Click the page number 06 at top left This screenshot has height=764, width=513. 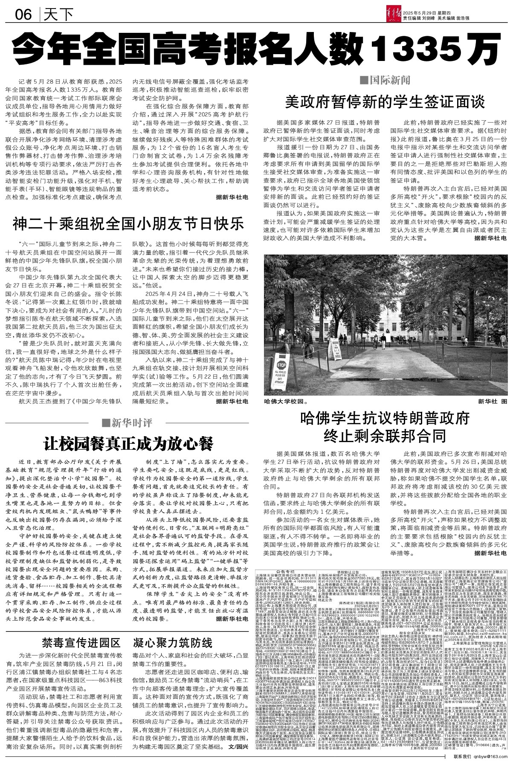tap(23, 15)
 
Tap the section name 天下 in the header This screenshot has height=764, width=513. tap(59, 15)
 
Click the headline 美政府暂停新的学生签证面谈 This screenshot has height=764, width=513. tap(386, 102)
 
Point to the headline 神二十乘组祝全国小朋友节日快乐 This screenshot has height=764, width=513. tap(128, 223)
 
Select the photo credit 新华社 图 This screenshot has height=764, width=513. tap(493, 402)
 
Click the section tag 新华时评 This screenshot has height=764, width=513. tap(128, 423)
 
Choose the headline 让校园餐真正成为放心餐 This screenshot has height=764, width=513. tap(128, 443)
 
